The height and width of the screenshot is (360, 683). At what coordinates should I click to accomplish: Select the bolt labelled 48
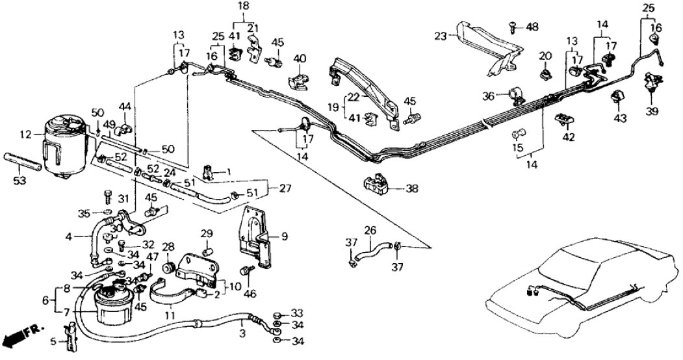point(513,27)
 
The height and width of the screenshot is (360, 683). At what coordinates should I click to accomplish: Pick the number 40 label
point(299,58)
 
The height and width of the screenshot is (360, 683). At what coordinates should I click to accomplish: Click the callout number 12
point(25,135)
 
